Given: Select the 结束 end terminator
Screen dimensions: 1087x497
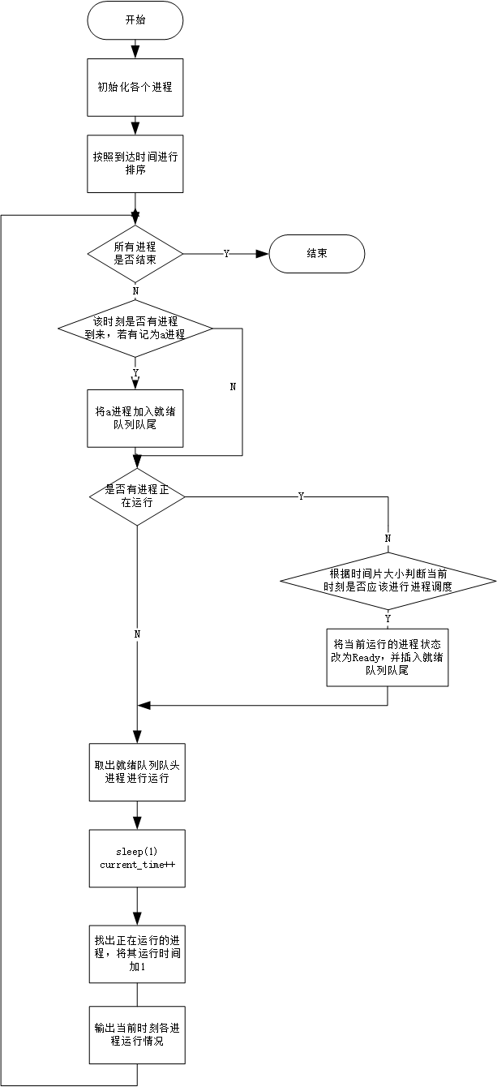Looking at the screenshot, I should tap(316, 254).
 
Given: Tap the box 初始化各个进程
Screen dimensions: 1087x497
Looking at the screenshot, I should tap(136, 88).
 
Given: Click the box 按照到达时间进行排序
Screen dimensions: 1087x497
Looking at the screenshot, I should tap(136, 163).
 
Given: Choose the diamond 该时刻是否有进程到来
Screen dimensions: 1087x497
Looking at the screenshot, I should tap(135, 329).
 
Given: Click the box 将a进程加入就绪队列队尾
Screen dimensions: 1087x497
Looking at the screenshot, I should tap(136, 418).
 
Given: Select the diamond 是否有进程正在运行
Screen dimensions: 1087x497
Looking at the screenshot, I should tap(136, 496).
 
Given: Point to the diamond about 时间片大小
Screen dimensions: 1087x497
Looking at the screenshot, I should tap(388, 580).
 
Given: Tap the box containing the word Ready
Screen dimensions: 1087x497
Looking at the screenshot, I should tap(388, 657).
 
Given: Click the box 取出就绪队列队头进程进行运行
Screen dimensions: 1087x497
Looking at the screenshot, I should tap(136, 771).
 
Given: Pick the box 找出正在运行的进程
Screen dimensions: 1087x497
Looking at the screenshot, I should tap(136, 954).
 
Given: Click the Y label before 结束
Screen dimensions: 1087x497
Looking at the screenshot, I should tap(226, 254).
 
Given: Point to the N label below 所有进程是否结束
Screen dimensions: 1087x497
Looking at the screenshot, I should tap(135, 290).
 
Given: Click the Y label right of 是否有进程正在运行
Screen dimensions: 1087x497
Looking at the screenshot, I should tap(301, 496).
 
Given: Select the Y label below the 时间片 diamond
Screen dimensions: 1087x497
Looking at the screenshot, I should tap(388, 619).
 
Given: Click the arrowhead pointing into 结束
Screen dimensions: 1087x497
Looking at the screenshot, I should tap(262, 254).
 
